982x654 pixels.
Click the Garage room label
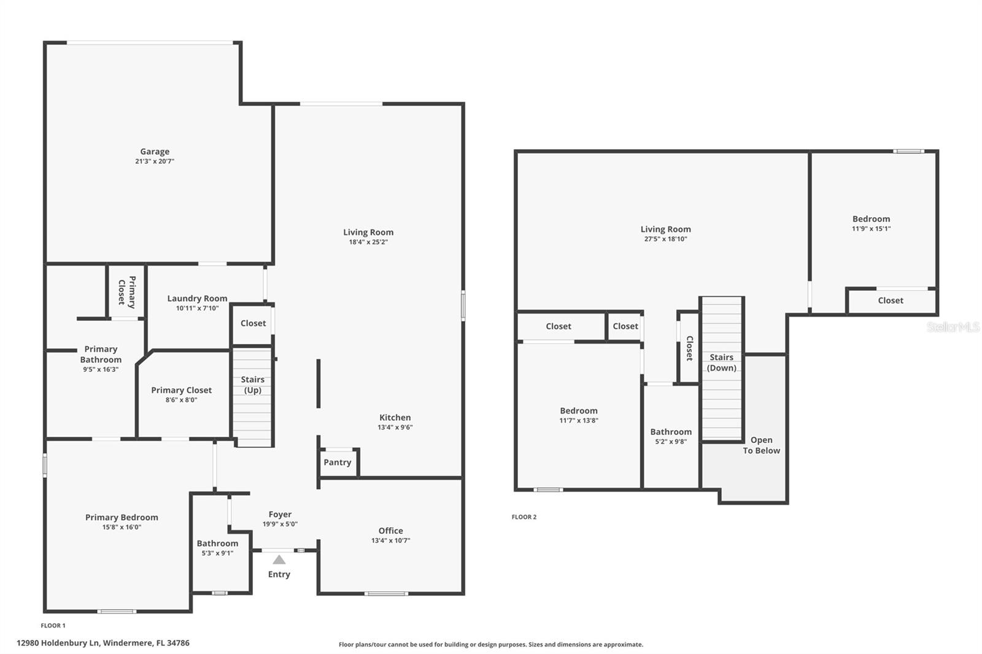[x=155, y=152]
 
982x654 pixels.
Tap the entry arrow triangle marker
[x=279, y=560]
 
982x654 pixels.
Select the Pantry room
[x=338, y=463]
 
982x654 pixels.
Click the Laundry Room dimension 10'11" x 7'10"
[x=197, y=309]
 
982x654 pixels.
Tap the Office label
[x=390, y=531]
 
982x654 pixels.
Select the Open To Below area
[x=762, y=445]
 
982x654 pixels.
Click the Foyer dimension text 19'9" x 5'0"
[x=280, y=525]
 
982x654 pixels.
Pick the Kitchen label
[x=395, y=417]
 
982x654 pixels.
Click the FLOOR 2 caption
[x=524, y=517]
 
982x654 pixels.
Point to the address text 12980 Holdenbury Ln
[x=102, y=643]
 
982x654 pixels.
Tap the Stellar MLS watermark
[x=953, y=327]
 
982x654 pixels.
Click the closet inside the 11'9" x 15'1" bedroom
[x=891, y=301]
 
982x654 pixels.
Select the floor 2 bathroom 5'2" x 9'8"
[x=671, y=436]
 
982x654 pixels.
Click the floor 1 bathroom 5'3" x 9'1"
[x=217, y=548]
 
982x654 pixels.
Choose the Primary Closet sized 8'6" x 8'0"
[x=182, y=394]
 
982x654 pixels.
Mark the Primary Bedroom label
[x=122, y=517]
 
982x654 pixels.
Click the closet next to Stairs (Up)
[x=253, y=323]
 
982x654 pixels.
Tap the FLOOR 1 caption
[x=53, y=626]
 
